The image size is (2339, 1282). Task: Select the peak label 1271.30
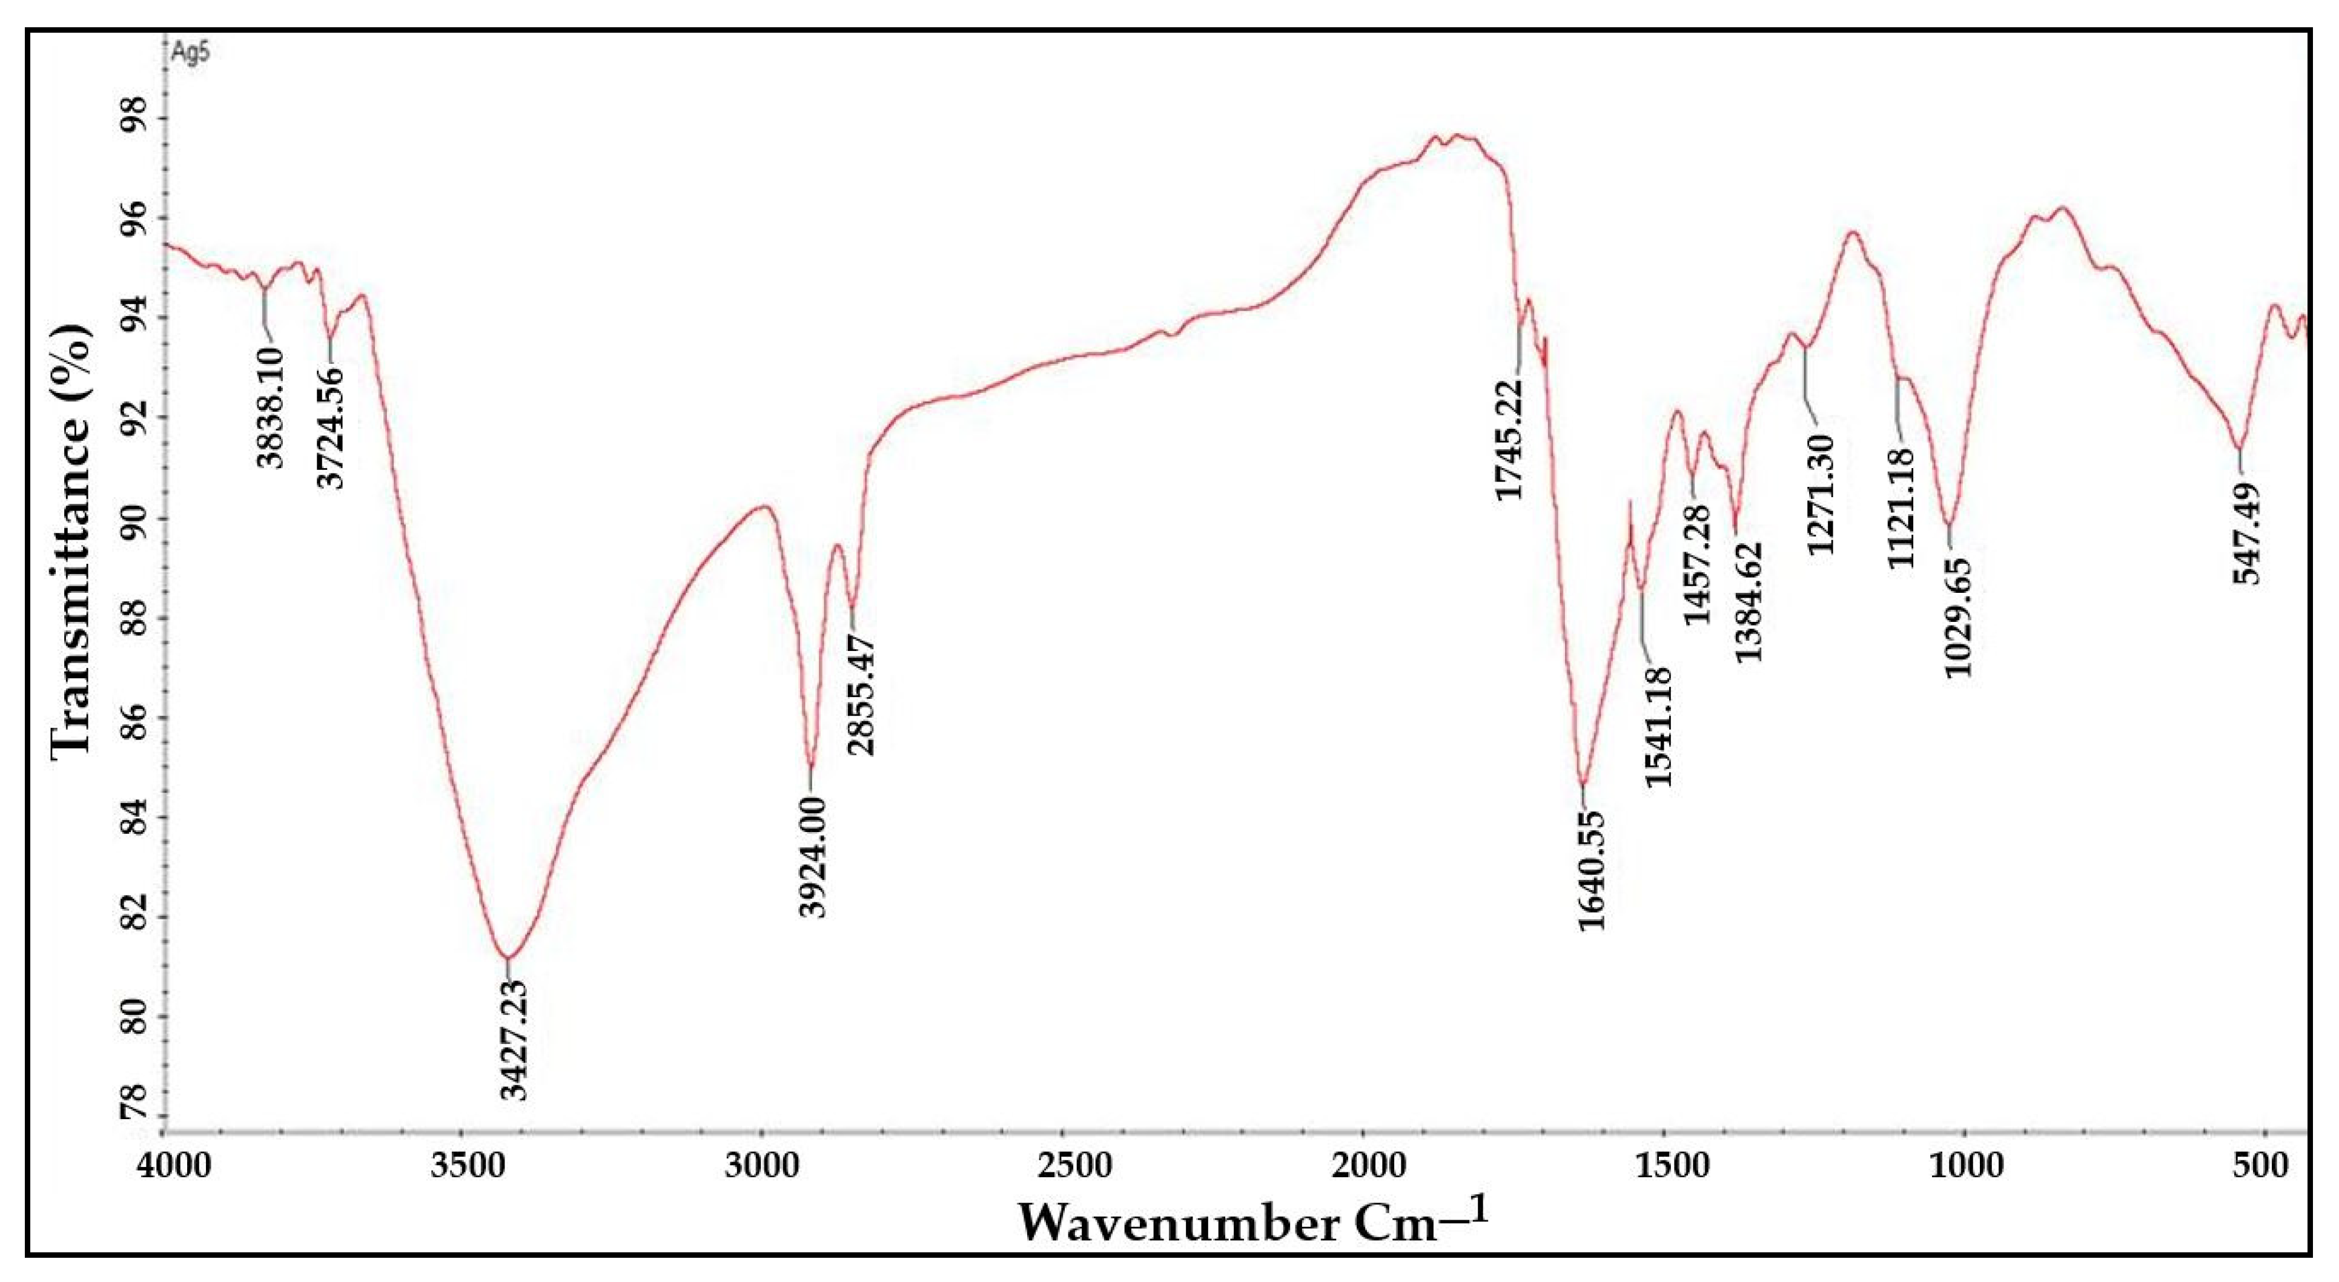(x=1821, y=494)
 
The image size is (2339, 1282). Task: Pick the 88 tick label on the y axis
(x=129, y=618)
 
